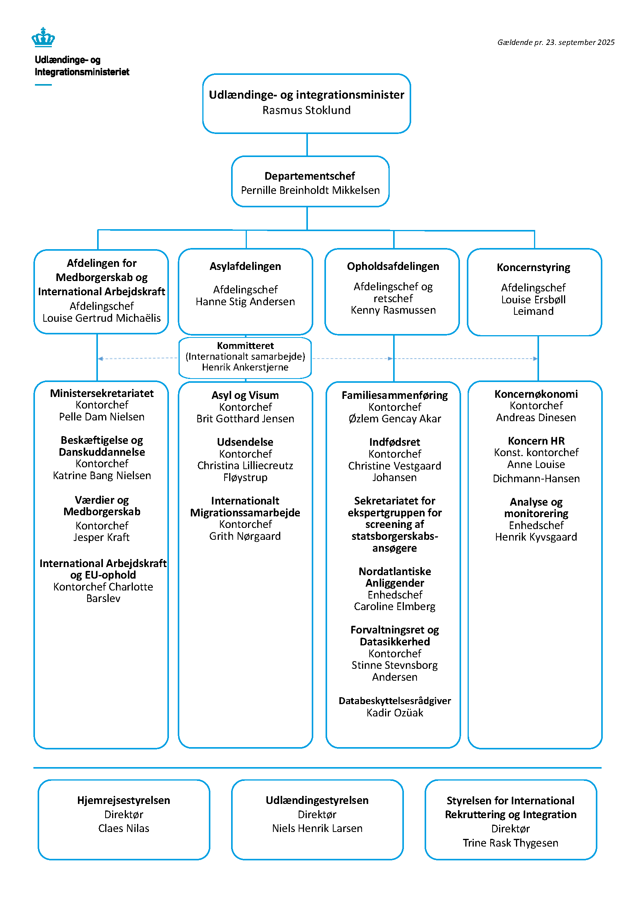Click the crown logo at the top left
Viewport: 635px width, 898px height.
pyautogui.click(x=43, y=37)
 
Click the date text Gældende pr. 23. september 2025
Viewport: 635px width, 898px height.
pyautogui.click(x=555, y=42)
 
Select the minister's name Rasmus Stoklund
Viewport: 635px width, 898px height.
pyautogui.click(x=306, y=110)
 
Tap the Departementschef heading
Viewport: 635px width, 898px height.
pyautogui.click(x=310, y=176)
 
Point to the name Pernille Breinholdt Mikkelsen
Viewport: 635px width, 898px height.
pyautogui.click(x=310, y=190)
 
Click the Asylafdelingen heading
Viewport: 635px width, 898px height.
pyautogui.click(x=245, y=266)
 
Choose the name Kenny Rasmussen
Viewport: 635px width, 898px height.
pyautogui.click(x=393, y=310)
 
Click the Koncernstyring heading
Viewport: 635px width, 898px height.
pyautogui.click(x=533, y=268)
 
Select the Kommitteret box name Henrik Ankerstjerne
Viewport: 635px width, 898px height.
pyautogui.click(x=245, y=367)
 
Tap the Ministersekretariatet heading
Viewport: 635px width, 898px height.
pyautogui.click(x=102, y=394)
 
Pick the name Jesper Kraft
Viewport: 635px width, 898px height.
pyautogui.click(x=102, y=537)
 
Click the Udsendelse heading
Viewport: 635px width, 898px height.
pyautogui.click(x=245, y=442)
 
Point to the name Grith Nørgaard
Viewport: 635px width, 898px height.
pyautogui.click(x=245, y=536)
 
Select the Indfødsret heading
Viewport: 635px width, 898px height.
pyautogui.click(x=395, y=442)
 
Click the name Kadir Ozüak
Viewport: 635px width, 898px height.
pyautogui.click(x=395, y=713)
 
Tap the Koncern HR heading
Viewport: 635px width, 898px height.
pyautogui.click(x=536, y=441)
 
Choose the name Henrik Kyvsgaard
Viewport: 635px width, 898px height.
pyautogui.click(x=536, y=537)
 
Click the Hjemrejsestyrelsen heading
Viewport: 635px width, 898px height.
pyautogui.click(x=124, y=800)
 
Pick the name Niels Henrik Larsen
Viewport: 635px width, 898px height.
pyautogui.click(x=317, y=829)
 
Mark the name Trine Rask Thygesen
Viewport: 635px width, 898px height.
pyautogui.click(x=510, y=843)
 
